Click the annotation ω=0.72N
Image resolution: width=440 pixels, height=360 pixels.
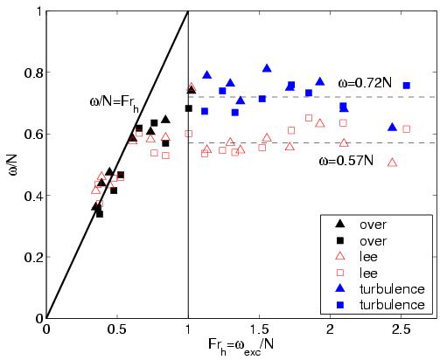(381, 83)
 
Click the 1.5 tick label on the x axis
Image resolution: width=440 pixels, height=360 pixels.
(259, 329)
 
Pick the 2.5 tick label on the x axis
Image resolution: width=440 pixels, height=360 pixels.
(401, 329)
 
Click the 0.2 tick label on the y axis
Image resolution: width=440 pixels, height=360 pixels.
(31, 257)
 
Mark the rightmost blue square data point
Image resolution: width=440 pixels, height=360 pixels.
(406, 86)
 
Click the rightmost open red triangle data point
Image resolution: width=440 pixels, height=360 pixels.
(392, 162)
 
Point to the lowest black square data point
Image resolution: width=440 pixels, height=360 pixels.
(100, 213)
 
